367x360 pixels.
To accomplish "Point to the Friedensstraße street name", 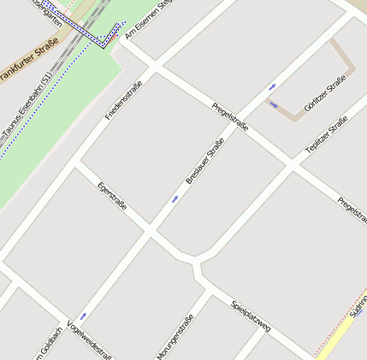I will click(124, 99).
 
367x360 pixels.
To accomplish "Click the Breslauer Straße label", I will click(204, 161).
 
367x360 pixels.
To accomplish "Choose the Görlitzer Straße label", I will click(325, 93).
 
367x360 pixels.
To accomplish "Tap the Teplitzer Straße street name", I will click(326, 135).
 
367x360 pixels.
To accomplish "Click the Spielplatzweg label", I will click(251, 316).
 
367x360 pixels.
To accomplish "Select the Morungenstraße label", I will click(175, 337).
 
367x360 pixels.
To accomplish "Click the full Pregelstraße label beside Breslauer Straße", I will click(230, 116).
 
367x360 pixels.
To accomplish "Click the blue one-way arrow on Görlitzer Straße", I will click(273, 105).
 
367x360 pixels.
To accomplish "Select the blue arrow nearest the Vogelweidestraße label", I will click(83, 316).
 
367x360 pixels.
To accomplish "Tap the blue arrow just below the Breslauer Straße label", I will click(175, 198).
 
